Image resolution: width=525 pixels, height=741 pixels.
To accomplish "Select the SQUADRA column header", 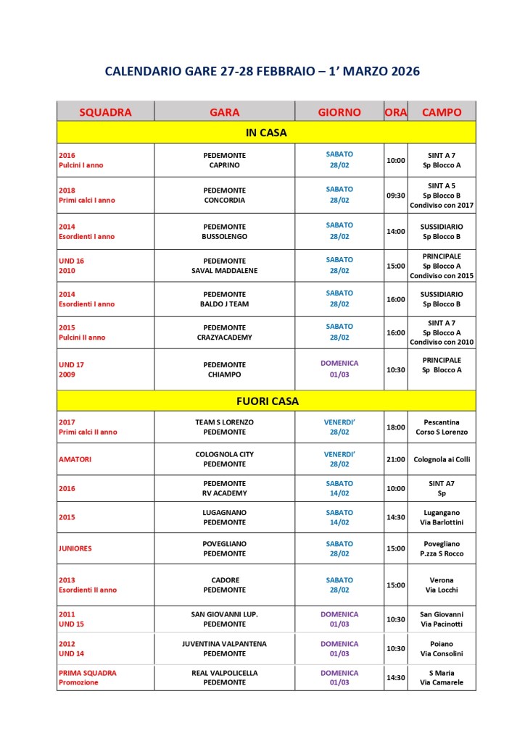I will pos(105,112).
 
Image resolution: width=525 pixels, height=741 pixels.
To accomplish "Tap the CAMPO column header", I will pos(442,112).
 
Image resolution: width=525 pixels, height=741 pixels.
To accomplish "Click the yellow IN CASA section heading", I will pos(266,133).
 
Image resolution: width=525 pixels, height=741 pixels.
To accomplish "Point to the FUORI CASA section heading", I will pos(266,401).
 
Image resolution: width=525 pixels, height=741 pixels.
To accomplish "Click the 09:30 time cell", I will pos(396,195).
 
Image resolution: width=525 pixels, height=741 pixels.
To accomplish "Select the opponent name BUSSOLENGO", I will pos(225,236).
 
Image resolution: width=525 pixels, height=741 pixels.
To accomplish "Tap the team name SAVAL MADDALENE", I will pos(225,271).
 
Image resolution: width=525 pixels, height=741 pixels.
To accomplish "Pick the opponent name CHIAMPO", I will pos(225,374).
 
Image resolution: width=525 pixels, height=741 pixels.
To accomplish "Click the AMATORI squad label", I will pos(75,459).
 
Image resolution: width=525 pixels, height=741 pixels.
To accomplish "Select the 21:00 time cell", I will pos(396,459).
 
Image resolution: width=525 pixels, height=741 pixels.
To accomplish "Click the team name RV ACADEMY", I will pos(225,493).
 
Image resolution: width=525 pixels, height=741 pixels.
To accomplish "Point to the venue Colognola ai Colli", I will pos(442,459).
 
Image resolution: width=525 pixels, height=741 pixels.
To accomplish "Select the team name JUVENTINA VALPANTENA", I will pos(225,643).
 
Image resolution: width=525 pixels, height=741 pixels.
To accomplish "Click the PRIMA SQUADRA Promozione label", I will pos(87,677).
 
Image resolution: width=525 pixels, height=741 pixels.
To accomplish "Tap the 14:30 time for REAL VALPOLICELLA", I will pos(396,677).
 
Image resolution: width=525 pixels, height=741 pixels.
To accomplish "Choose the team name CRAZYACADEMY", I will pos(225,338).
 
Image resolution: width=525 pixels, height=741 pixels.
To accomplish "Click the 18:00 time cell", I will pos(396,427).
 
